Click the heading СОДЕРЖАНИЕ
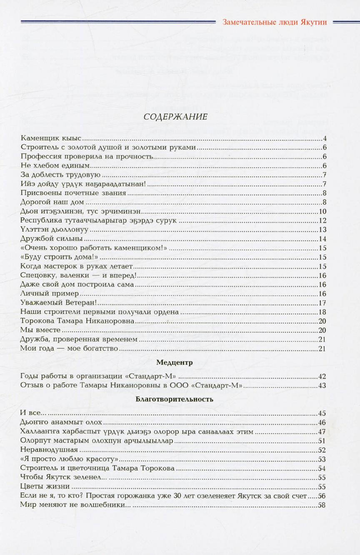[x=175, y=117]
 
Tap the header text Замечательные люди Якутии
[x=275, y=22]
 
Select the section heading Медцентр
[x=175, y=362]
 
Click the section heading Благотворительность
[x=175, y=399]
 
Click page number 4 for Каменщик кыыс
[x=324, y=139]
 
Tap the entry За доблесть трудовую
[x=60, y=175]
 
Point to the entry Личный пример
[x=50, y=294]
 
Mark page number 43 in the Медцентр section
[x=322, y=385]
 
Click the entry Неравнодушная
[x=49, y=450]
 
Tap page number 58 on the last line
[x=322, y=505]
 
